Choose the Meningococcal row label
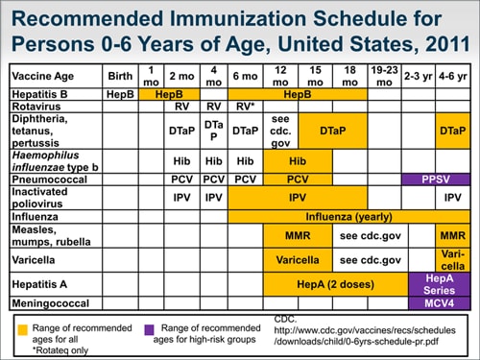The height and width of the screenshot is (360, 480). click(49, 303)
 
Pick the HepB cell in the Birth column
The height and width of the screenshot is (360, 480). click(120, 94)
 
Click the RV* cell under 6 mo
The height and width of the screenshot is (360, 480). click(246, 107)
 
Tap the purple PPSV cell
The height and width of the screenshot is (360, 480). click(437, 179)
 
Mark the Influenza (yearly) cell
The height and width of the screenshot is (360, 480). click(349, 217)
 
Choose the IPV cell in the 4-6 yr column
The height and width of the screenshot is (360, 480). click(453, 197)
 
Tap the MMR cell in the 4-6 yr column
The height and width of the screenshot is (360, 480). click(453, 235)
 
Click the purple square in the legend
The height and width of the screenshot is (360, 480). click(150, 328)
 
